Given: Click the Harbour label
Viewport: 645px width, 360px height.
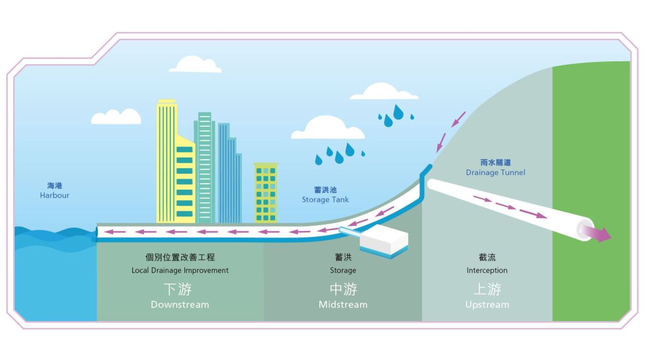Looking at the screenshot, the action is tap(54, 196).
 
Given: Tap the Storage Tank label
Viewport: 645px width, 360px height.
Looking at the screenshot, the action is tap(325, 200).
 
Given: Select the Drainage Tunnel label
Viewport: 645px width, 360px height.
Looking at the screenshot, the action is tap(495, 172).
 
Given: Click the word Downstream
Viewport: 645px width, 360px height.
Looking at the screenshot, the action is tap(180, 305).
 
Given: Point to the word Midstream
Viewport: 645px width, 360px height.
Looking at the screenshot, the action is tap(343, 305).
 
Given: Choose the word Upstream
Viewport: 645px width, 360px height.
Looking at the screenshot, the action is tap(487, 305).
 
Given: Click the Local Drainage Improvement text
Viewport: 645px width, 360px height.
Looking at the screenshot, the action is tap(180, 270).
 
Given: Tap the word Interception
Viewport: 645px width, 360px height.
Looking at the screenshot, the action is tap(487, 270).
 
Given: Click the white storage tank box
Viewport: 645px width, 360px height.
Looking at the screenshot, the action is tap(384, 240).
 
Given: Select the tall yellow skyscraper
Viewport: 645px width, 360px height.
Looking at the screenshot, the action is tap(175, 161).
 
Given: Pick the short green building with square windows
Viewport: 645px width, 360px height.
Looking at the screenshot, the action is tap(266, 193).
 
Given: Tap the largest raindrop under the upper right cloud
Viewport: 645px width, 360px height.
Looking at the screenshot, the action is tap(398, 112).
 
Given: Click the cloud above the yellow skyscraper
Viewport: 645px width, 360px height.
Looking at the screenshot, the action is tap(195, 64).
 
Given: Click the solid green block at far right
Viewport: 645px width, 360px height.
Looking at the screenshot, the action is tap(591, 191).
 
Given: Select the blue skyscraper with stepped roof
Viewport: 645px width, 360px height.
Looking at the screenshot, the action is tap(229, 173).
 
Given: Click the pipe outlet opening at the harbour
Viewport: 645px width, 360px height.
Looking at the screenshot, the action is tap(96, 232).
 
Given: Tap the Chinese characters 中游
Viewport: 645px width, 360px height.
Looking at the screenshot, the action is tap(343, 289).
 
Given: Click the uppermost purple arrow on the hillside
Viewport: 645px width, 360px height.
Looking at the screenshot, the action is tap(458, 119).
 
